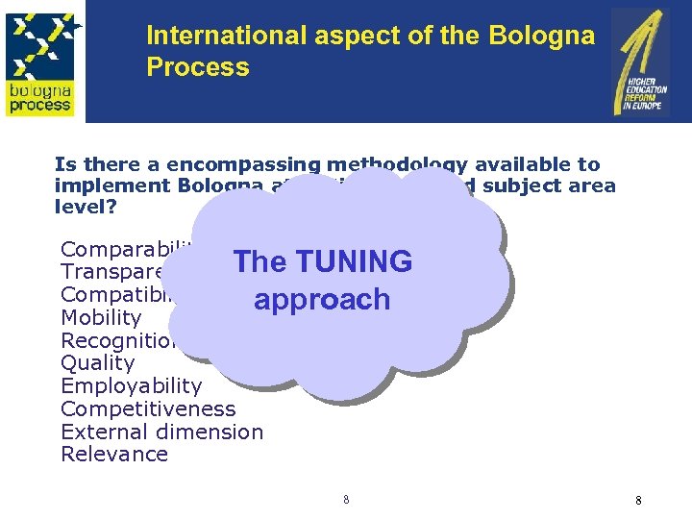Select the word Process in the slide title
point(198,67)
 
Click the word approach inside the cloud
point(322,300)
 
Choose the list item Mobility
point(101,317)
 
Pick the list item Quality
point(98,363)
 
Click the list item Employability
point(132,386)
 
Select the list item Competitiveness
point(148,409)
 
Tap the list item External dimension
point(161,432)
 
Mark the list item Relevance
point(114,455)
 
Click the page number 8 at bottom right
point(638,501)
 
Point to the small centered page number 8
point(346,500)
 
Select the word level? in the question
point(85,207)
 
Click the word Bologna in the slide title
point(540,36)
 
